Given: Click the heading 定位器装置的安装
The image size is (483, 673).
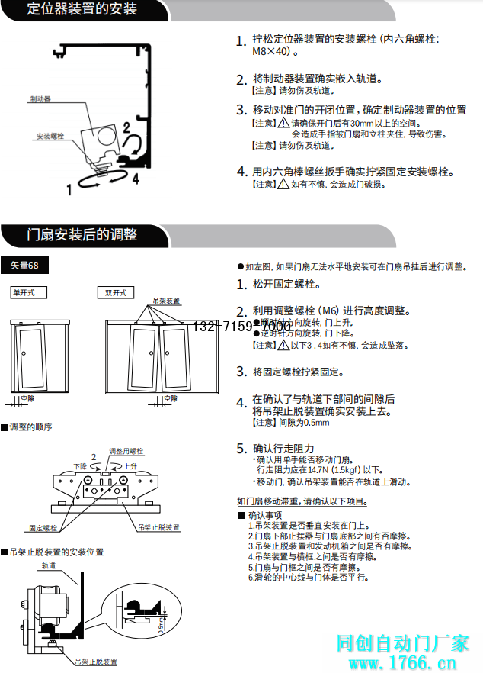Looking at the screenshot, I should click(x=82, y=9).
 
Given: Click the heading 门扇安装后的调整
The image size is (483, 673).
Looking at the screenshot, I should click(x=82, y=234).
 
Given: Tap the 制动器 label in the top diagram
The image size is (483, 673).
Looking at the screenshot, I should click(x=40, y=99).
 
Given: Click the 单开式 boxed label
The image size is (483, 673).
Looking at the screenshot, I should click(x=28, y=292).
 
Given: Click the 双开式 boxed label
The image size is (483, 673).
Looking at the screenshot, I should click(x=116, y=292).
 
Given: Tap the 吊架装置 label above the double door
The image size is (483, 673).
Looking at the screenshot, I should click(x=167, y=301).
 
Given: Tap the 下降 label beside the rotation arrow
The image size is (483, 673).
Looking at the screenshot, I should click(x=80, y=465).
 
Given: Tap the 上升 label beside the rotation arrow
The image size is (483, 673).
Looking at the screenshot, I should click(x=130, y=465).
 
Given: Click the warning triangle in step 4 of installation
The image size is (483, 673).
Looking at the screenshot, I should click(x=283, y=184).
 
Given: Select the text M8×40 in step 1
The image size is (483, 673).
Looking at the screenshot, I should click(x=270, y=53).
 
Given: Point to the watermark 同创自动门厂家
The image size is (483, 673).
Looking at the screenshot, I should click(x=403, y=643).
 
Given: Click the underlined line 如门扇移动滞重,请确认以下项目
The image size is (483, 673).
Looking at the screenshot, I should click(x=302, y=501).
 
